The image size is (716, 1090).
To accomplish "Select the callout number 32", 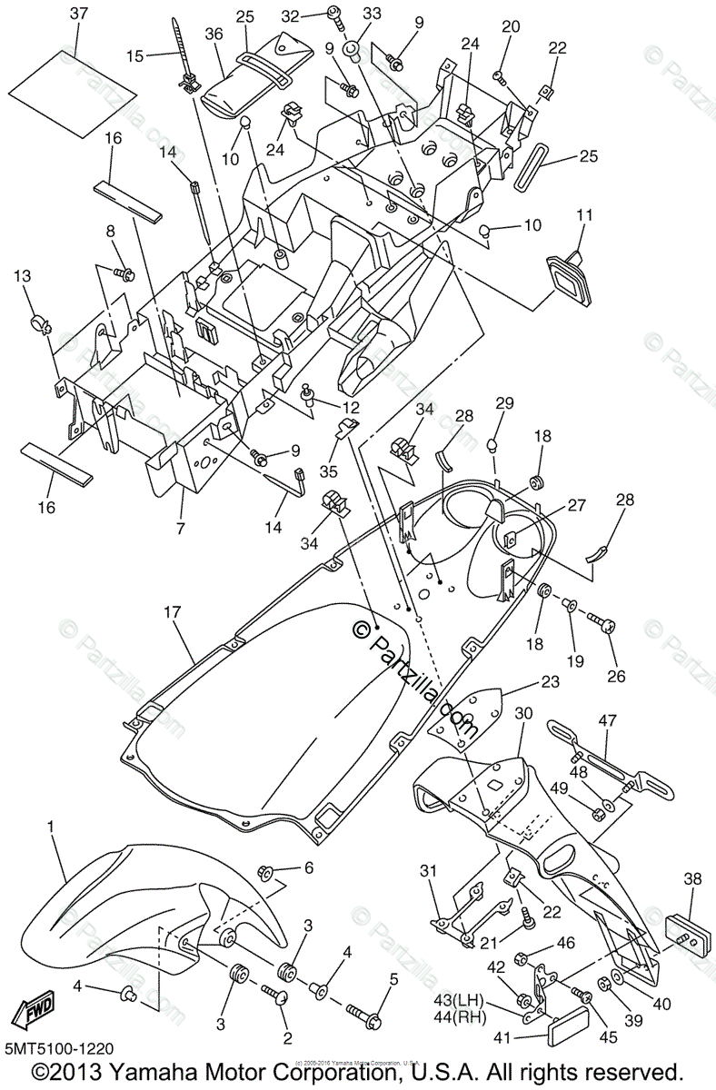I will click(291, 15).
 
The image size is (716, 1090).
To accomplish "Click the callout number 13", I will click(22, 276).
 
